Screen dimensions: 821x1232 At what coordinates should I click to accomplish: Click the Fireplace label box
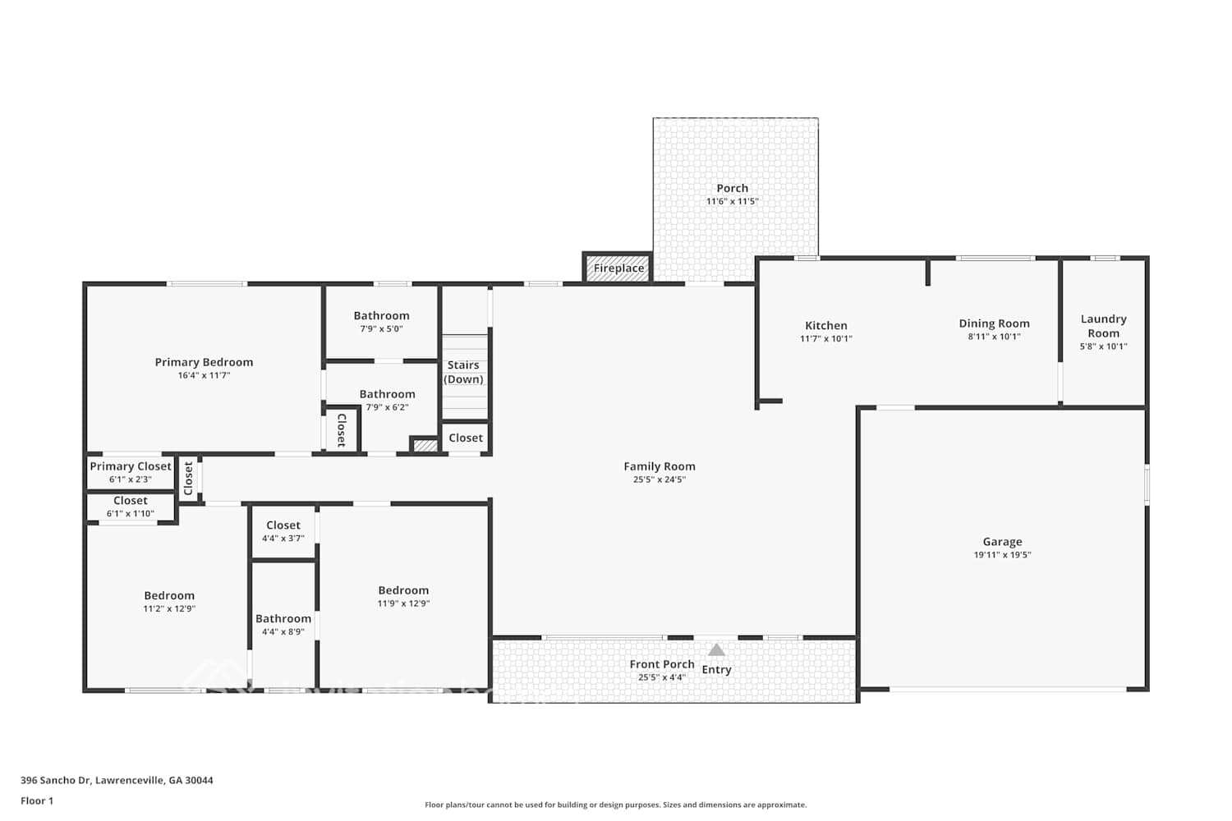point(618,268)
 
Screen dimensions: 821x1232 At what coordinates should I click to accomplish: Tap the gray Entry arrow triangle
point(716,650)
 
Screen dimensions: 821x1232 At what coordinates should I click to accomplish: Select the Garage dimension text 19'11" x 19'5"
point(1002,555)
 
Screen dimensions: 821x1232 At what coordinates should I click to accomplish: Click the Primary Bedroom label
point(204,362)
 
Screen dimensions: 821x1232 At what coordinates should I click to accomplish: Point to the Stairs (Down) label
point(463,372)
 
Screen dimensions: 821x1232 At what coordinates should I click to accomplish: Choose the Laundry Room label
point(1103,326)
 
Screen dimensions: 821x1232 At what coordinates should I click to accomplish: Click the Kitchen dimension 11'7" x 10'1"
point(825,338)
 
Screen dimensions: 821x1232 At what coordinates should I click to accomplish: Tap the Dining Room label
point(994,323)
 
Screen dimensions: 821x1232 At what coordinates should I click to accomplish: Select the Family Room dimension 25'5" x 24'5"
point(659,479)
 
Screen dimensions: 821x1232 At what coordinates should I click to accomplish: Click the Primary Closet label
point(131,466)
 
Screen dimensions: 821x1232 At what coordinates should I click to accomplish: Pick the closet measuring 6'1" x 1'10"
point(131,507)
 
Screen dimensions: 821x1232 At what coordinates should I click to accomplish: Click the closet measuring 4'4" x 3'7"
point(283,531)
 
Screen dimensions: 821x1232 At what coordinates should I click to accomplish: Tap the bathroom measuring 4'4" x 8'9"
point(283,625)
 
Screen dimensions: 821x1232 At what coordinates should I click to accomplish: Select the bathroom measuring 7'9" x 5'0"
point(381,321)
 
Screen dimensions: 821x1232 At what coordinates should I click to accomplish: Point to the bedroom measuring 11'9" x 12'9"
point(403,596)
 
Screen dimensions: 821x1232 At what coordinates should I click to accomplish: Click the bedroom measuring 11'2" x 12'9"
point(169,602)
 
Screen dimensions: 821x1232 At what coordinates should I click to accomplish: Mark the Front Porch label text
point(662,664)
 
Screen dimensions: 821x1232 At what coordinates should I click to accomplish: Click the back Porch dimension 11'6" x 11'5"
point(732,201)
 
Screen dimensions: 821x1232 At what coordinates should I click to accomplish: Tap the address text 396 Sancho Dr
point(56,781)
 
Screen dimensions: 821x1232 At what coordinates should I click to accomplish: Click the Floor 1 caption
point(37,801)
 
